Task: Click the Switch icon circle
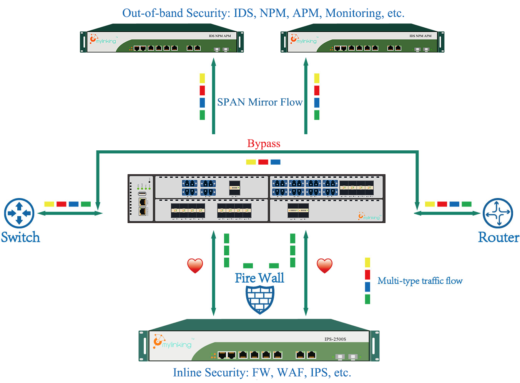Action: click(x=19, y=213)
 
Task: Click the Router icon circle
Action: click(x=498, y=213)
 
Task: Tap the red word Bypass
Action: click(x=264, y=143)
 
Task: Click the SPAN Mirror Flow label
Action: click(x=259, y=102)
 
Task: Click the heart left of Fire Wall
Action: click(x=195, y=265)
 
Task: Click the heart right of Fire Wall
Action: click(x=324, y=265)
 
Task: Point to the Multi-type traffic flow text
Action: click(x=420, y=281)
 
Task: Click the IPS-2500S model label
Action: click(x=335, y=339)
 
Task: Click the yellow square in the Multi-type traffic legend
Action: click(x=367, y=262)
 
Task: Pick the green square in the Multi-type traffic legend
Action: click(x=367, y=299)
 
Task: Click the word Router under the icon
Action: click(x=498, y=237)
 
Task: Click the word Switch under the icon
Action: click(x=20, y=237)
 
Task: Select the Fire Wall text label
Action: click(x=259, y=278)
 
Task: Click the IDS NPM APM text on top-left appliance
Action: click(x=220, y=36)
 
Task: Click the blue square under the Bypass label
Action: click(x=276, y=162)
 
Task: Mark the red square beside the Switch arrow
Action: click(x=61, y=204)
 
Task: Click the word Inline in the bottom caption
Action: click(x=187, y=373)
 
